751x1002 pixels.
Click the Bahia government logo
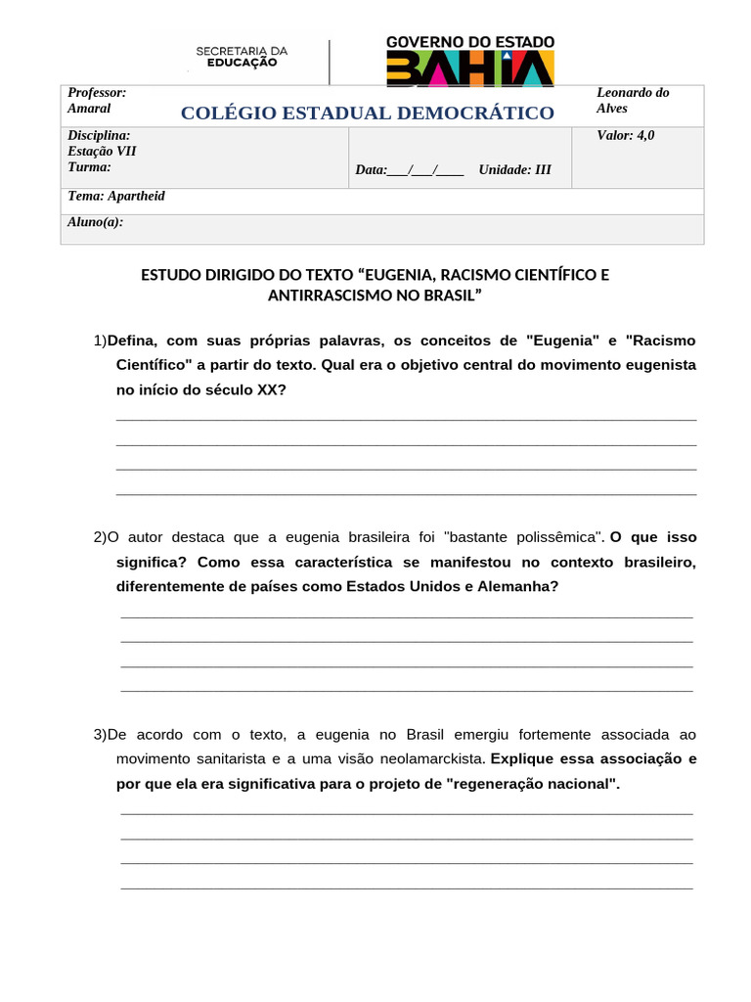470,62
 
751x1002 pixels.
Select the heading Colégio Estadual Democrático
367,114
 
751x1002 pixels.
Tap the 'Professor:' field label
97,92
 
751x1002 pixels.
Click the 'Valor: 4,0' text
626,136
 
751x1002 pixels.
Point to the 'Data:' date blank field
410,170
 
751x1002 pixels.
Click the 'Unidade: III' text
514,170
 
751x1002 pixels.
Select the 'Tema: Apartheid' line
116,197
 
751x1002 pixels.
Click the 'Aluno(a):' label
95,222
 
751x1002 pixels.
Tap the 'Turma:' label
89,167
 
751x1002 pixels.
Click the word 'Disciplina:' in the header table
99,136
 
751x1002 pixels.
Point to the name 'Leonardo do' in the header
633,93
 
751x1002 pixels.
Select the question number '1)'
100,341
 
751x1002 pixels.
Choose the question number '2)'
100,537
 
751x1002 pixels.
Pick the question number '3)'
100,734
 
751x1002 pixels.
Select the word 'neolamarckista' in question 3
436,758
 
